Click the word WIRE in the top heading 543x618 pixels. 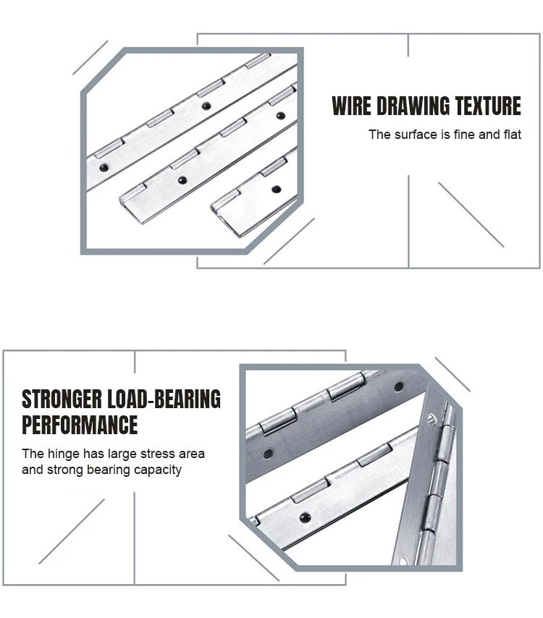click(350, 106)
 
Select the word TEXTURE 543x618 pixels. click(485, 106)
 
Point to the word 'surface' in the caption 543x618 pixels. click(416, 135)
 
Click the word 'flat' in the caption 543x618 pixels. click(512, 135)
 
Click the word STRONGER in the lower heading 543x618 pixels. click(62, 399)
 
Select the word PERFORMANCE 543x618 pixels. click(80, 425)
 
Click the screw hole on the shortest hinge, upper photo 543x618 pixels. click(276, 190)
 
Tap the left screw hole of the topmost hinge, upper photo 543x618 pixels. click(104, 168)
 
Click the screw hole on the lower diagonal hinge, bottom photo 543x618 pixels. click(306, 517)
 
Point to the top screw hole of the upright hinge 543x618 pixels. click(432, 418)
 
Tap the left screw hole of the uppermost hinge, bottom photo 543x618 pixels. click(268, 454)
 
